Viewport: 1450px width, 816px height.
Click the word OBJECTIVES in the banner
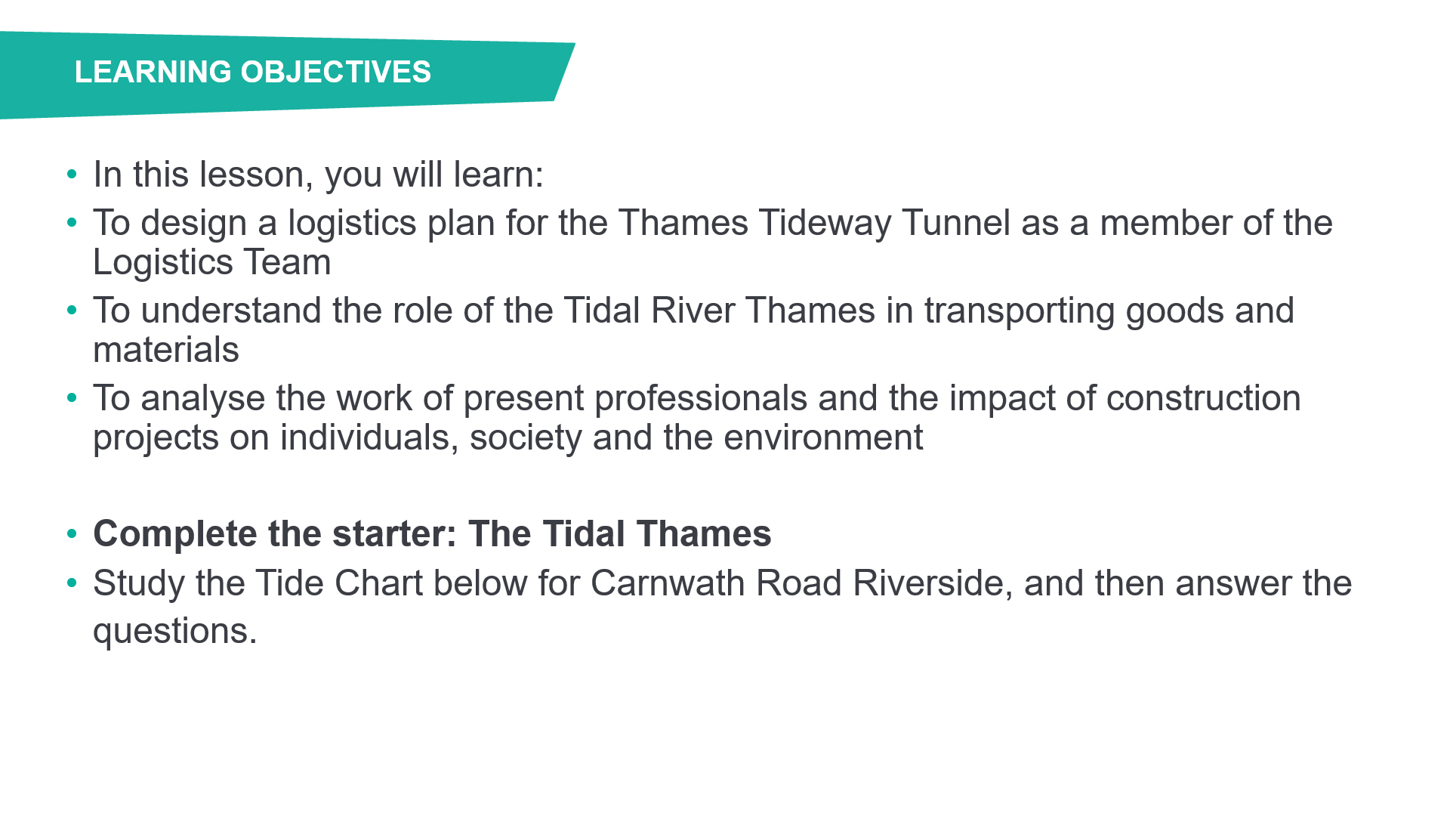pyautogui.click(x=336, y=72)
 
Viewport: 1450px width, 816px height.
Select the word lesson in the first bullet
pyautogui.click(x=256, y=175)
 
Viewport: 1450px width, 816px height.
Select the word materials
pyautogui.click(x=166, y=350)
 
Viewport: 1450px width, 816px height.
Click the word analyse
pyautogui.click(x=202, y=399)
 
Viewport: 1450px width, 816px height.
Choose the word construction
pyautogui.click(x=1204, y=398)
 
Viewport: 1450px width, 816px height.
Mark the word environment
pyautogui.click(x=823, y=437)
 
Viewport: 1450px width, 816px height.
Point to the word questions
pyautogui.click(x=175, y=632)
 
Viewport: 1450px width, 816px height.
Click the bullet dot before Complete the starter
pyautogui.click(x=72, y=534)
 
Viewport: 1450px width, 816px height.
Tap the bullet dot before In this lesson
pyautogui.click(x=72, y=175)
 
